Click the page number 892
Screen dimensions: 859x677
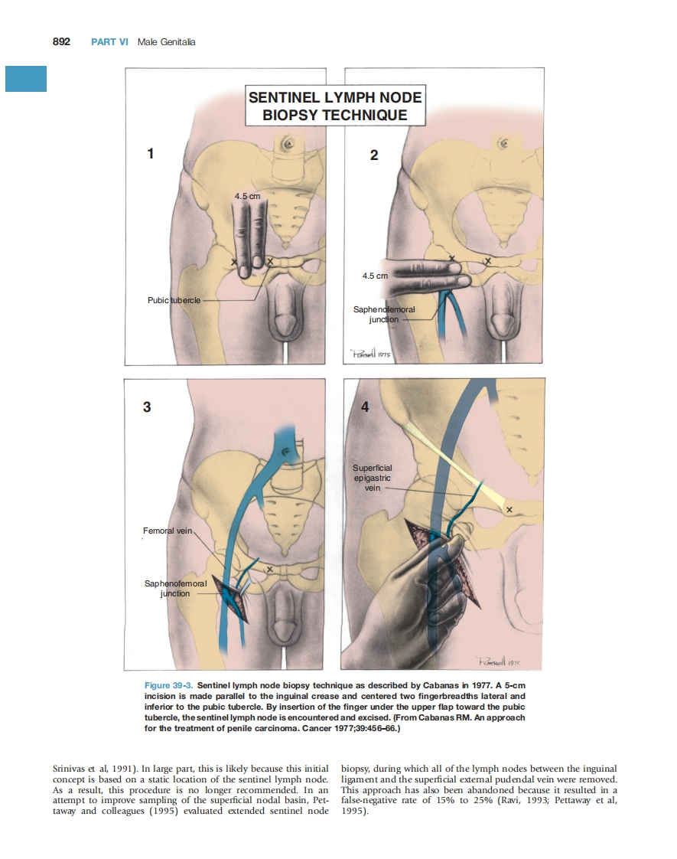click(60, 41)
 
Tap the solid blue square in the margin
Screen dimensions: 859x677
click(26, 79)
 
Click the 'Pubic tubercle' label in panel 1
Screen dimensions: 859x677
click(174, 300)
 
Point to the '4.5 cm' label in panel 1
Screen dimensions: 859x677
click(247, 196)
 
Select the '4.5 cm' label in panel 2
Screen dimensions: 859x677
click(375, 276)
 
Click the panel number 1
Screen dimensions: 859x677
click(151, 154)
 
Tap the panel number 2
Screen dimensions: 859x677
click(373, 155)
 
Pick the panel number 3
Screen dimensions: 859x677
click(147, 407)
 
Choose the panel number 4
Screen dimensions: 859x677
click(365, 407)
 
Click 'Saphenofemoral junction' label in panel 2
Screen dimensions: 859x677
click(383, 314)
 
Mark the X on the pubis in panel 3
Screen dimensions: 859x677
click(269, 569)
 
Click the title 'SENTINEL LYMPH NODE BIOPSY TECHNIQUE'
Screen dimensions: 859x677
click(335, 106)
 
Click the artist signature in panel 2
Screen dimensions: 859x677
click(370, 353)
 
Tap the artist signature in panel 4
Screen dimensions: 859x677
click(501, 660)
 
